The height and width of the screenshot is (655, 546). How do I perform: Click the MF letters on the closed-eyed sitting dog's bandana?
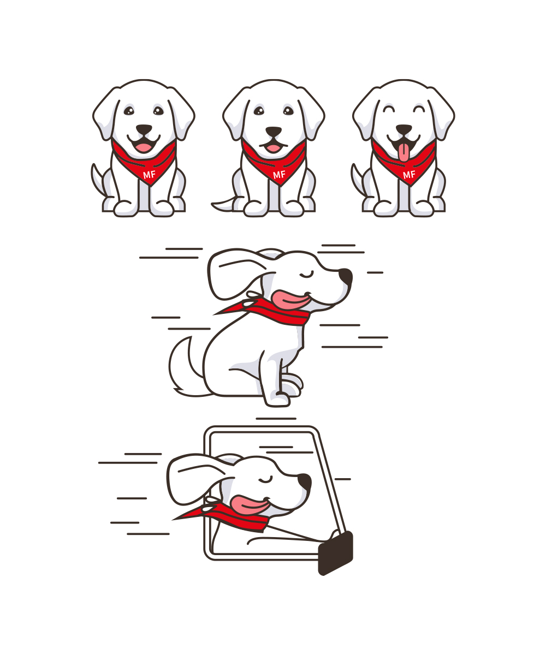(x=409, y=175)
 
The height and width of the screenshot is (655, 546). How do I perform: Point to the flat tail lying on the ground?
(x=223, y=205)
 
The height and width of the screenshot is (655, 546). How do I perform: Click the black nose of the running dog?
(x=346, y=277)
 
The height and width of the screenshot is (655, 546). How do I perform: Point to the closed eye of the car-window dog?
(x=265, y=480)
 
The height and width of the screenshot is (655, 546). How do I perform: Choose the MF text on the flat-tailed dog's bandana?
(x=279, y=175)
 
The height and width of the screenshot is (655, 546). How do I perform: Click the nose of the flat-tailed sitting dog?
(x=274, y=132)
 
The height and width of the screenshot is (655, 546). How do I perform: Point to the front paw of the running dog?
(x=278, y=400)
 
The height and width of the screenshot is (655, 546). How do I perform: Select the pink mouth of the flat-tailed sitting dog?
(x=274, y=148)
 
